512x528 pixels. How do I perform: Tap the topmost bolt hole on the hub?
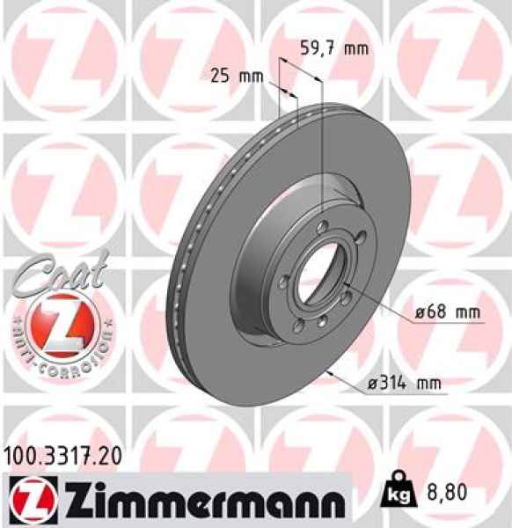pyautogui.click(x=322, y=228)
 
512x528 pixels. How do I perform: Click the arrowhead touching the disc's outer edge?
pyautogui.click(x=327, y=372)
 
